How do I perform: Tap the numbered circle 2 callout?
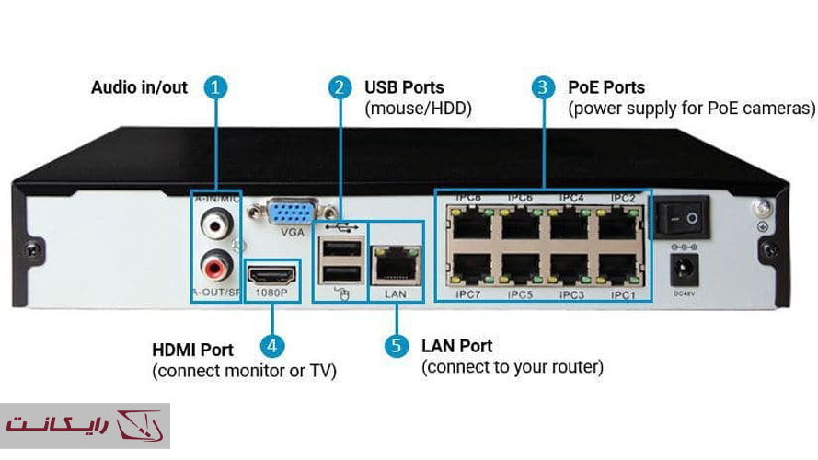340,88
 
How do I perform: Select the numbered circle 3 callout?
544,88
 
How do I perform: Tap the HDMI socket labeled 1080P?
273,275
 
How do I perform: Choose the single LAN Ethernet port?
397,265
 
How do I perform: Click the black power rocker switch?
683,217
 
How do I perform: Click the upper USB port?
340,247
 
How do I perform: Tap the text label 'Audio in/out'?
139,88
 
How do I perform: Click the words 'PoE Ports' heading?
606,88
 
